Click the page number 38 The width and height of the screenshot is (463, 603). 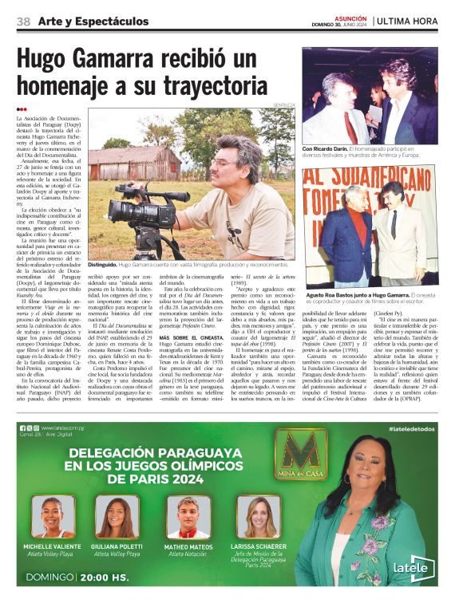(x=23, y=21)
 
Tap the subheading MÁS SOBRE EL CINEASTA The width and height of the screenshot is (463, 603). (x=190, y=337)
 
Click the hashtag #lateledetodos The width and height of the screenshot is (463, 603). (x=412, y=429)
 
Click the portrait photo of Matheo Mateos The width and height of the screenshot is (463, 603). (x=187, y=517)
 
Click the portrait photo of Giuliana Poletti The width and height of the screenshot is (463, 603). (x=122, y=517)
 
